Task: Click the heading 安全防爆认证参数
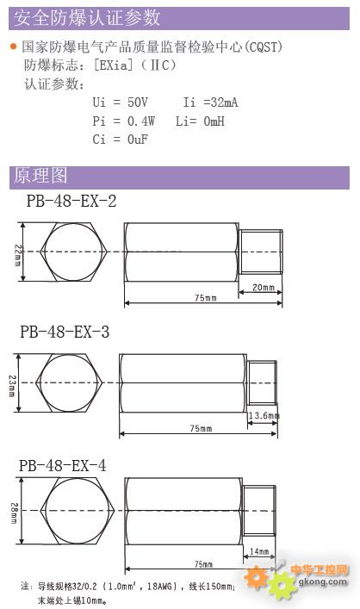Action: coord(87,18)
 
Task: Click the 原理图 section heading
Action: coord(40,176)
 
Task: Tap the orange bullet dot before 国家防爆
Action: coord(14,47)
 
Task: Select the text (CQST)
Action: coord(262,47)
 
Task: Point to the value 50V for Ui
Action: coord(138,103)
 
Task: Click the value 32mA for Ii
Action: coord(224,103)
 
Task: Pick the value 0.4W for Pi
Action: coord(141,121)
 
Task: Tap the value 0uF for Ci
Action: coord(138,139)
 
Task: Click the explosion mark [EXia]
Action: coord(114,65)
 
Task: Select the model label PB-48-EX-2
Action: coord(71,201)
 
